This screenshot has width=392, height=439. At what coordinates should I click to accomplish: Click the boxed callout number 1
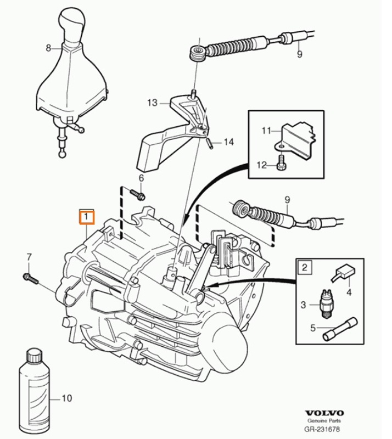[x=87, y=217]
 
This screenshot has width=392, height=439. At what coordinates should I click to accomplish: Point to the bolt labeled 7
[x=30, y=278]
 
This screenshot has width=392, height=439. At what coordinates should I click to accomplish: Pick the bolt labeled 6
[x=137, y=194]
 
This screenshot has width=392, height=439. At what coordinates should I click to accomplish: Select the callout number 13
[x=152, y=103]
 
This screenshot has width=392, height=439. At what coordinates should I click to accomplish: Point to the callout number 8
[x=49, y=48]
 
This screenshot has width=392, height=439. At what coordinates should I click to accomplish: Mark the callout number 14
[x=228, y=142]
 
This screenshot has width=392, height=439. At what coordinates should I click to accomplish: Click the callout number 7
[x=30, y=256]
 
